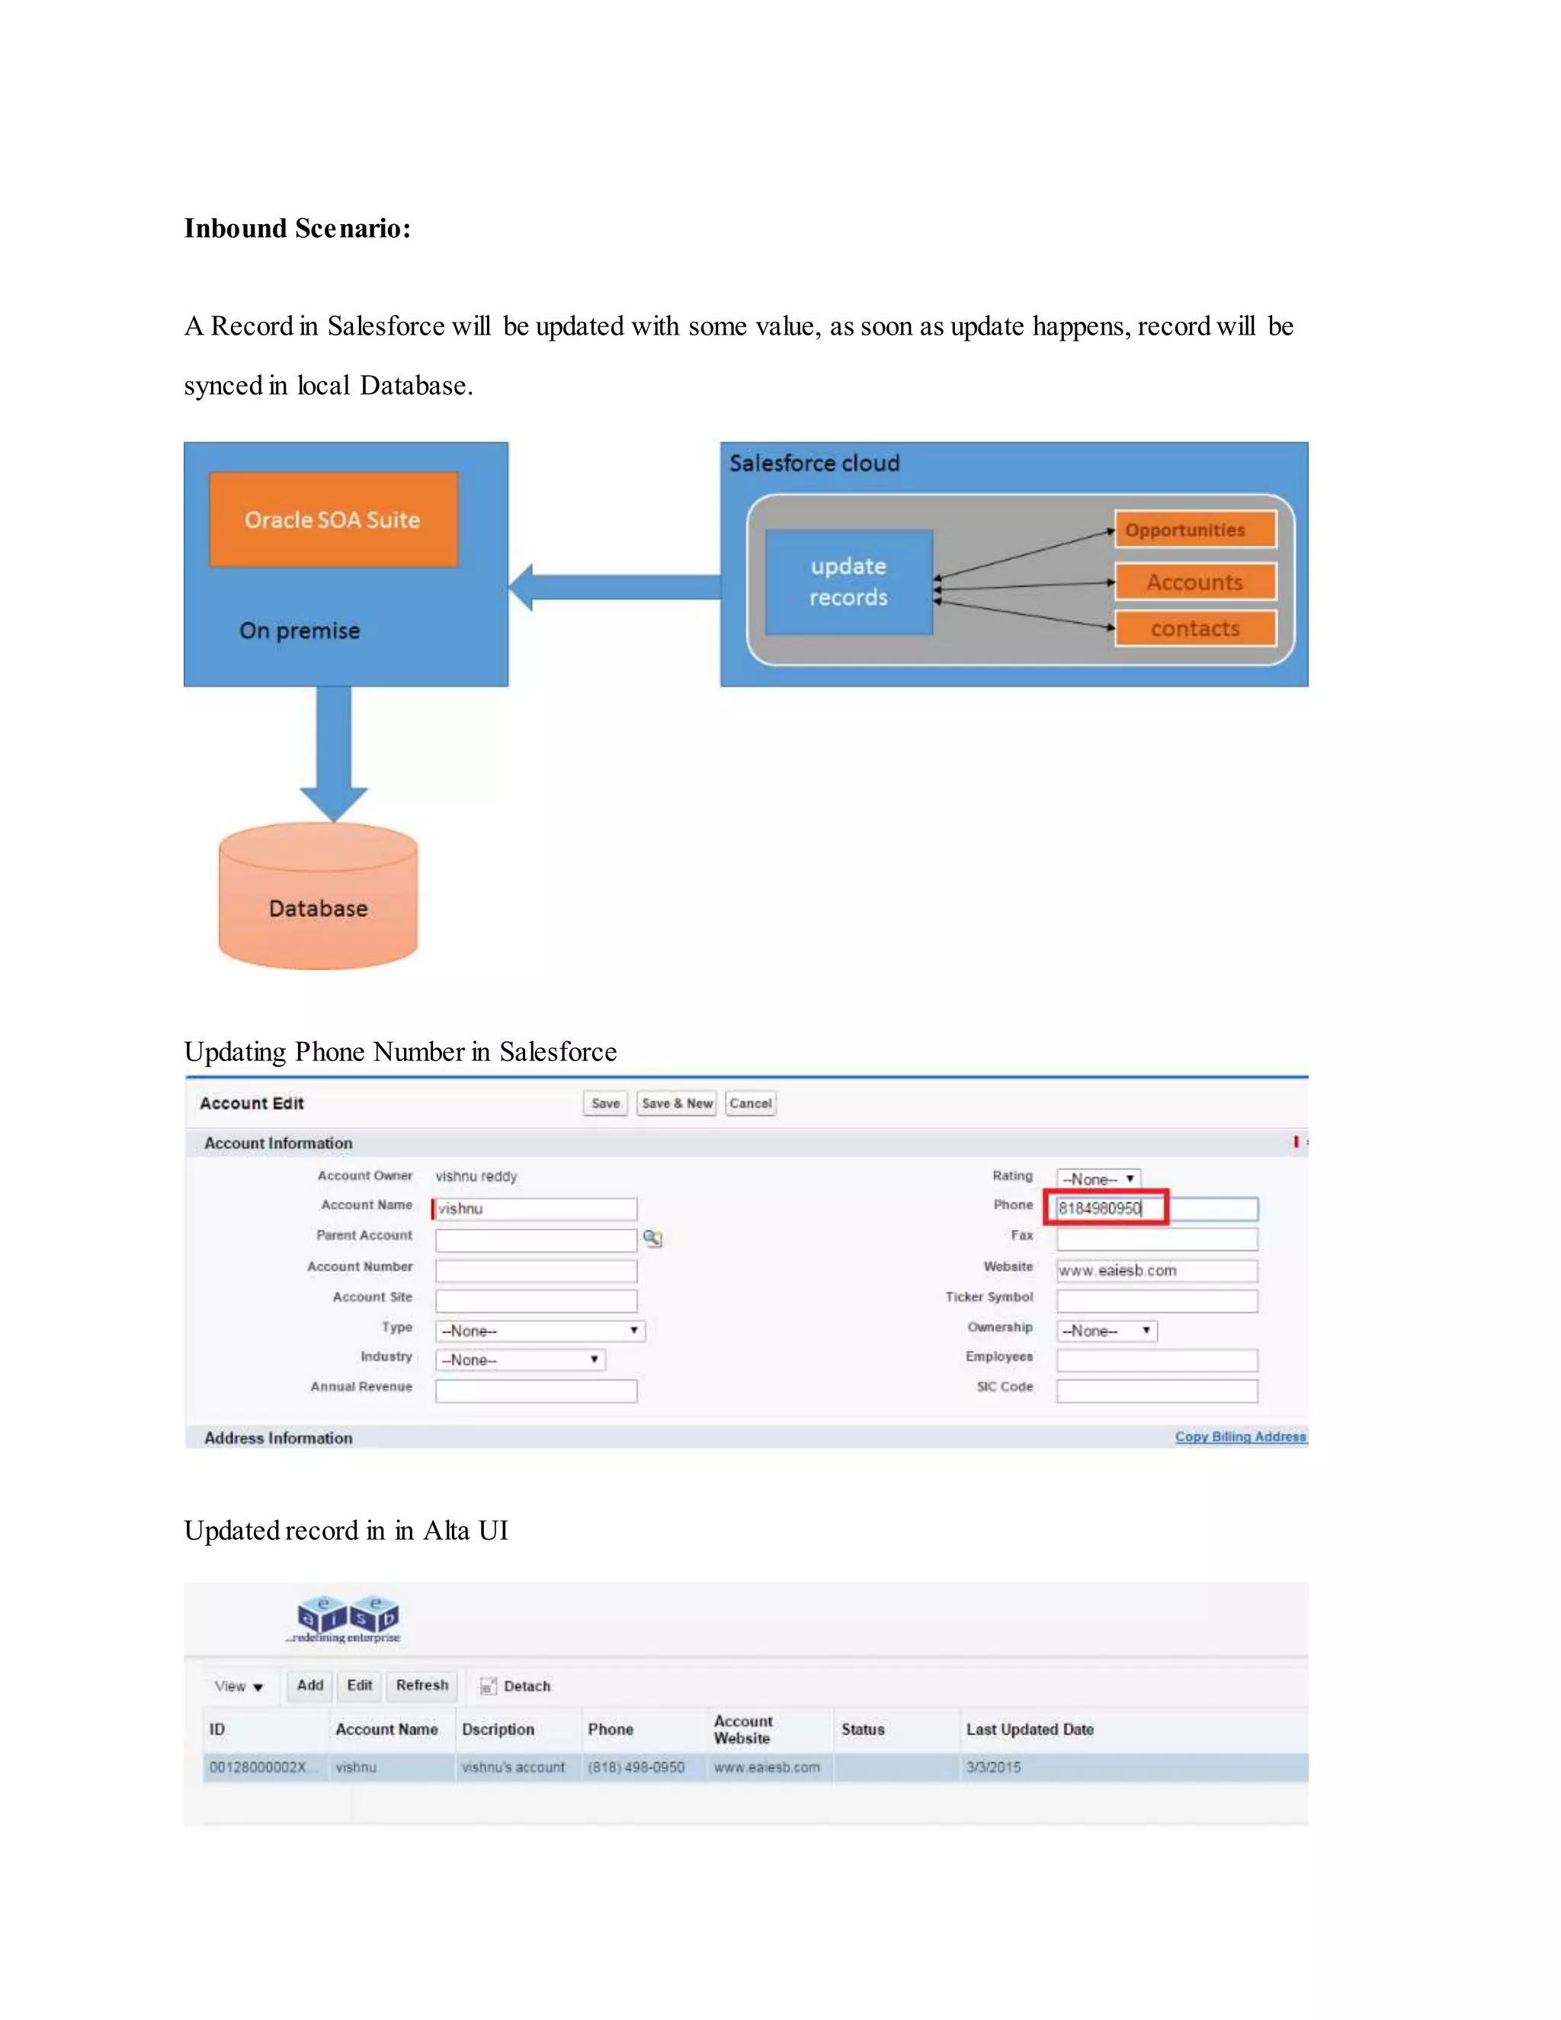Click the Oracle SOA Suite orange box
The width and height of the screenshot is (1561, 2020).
333,520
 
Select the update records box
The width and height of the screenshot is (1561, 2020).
848,582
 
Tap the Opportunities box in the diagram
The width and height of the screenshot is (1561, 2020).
1195,530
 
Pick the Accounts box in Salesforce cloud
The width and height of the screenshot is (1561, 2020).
1195,582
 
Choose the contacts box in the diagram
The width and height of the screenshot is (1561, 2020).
1195,629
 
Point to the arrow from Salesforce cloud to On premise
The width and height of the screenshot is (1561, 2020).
614,587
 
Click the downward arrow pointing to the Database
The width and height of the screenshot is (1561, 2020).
334,753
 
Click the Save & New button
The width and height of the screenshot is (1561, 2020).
677,1104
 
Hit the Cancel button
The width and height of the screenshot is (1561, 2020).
750,1104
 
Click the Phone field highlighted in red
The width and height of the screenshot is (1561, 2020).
1106,1208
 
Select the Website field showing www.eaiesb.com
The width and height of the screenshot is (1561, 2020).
1156,1271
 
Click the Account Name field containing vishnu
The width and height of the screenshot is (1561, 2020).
535,1209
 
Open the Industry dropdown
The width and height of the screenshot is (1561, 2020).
521,1360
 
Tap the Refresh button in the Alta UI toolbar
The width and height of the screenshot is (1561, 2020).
422,1685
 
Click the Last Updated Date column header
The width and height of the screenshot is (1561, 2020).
1029,1730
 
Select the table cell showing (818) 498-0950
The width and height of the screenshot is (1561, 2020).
636,1768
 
